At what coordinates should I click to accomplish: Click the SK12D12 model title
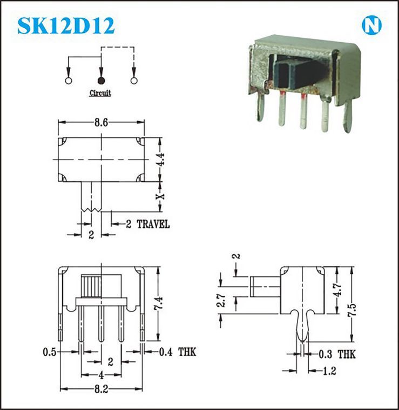tap(66, 25)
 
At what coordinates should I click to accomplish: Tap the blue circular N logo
tap(371, 25)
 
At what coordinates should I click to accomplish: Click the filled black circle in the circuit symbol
tap(102, 81)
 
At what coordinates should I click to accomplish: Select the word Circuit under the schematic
tap(100, 93)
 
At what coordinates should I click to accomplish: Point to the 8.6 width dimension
tap(102, 122)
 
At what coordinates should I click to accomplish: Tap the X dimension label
tap(160, 196)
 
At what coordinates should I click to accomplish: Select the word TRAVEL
tap(153, 224)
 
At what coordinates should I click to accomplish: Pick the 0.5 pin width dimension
tap(50, 352)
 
